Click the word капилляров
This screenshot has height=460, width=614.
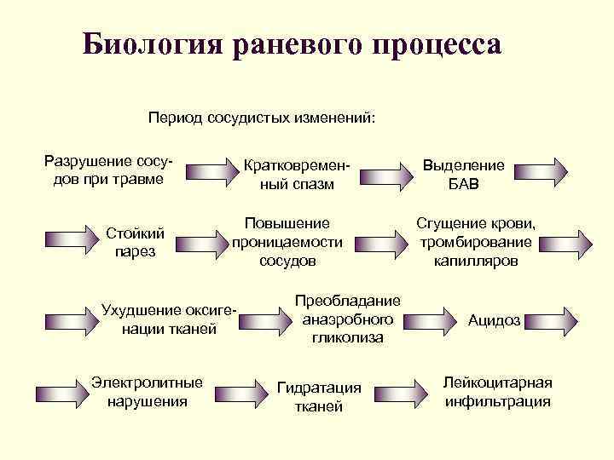(x=475, y=261)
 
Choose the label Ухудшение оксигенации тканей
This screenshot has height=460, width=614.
(x=169, y=319)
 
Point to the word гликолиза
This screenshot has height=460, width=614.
(x=347, y=338)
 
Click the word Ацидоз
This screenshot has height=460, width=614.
(x=495, y=320)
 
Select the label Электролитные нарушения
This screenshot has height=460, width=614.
(x=147, y=391)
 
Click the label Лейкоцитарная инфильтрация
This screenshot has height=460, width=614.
(x=497, y=391)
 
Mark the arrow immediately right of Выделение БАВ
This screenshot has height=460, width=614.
(x=542, y=170)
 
